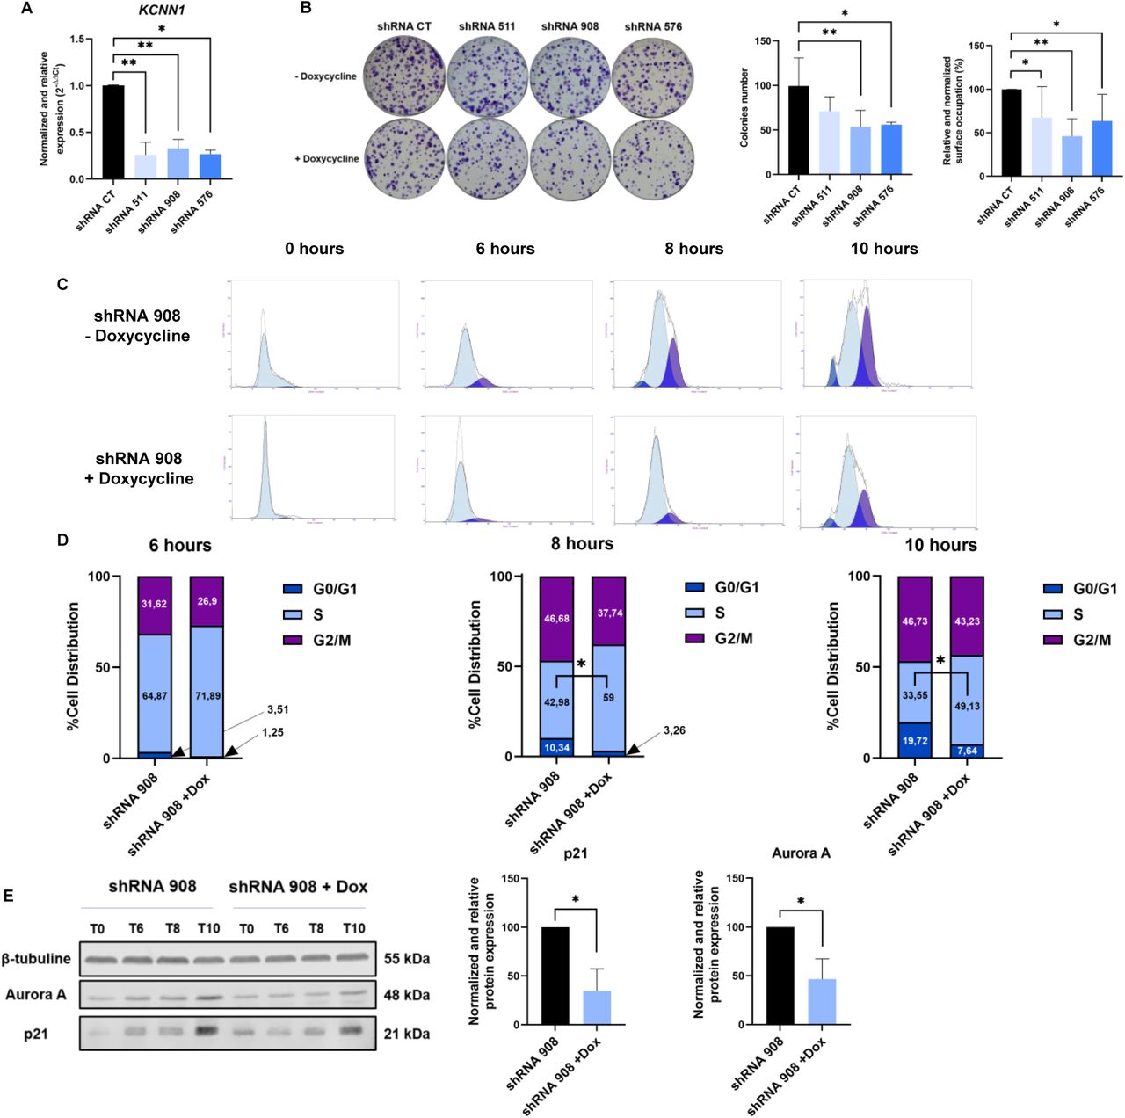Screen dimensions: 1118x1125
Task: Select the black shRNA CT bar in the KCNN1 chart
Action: [x=113, y=132]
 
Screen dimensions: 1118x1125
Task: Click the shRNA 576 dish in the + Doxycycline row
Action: [x=652, y=159]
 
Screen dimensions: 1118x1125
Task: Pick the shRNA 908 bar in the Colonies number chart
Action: [x=860, y=150]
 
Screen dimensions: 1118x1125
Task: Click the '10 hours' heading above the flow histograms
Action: [x=883, y=249]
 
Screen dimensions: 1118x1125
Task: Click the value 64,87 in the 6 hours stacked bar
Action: [x=154, y=696]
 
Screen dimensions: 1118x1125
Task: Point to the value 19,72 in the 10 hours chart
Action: [x=915, y=741]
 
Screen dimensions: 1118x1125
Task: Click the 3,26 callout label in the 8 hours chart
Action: [x=674, y=730]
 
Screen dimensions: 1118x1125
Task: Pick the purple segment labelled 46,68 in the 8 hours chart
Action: [x=556, y=619]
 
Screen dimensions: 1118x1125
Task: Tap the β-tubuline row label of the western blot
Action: [x=37, y=958]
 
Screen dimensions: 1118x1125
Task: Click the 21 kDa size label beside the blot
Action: [x=407, y=1034]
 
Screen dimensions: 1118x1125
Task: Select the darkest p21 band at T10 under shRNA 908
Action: [x=208, y=1031]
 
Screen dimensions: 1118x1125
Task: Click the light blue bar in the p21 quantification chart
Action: [x=597, y=1007]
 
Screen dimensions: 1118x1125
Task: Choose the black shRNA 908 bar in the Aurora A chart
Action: [x=780, y=976]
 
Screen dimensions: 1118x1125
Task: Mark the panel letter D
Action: [x=62, y=539]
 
